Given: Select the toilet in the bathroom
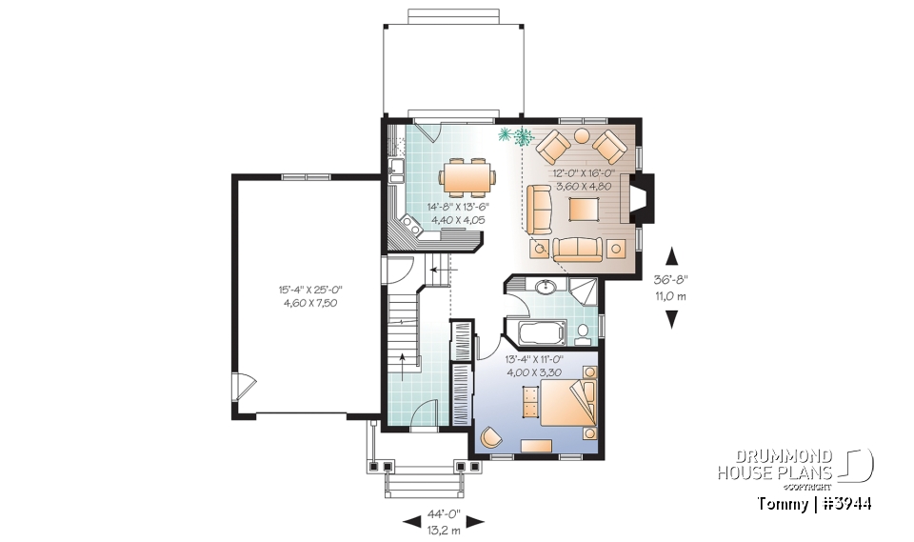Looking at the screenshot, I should click(x=584, y=333).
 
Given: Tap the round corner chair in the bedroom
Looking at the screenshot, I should click(x=491, y=436).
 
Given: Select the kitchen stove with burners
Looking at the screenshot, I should click(x=411, y=227).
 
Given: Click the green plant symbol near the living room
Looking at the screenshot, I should click(x=515, y=136).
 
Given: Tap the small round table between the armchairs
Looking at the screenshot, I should click(x=580, y=136).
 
